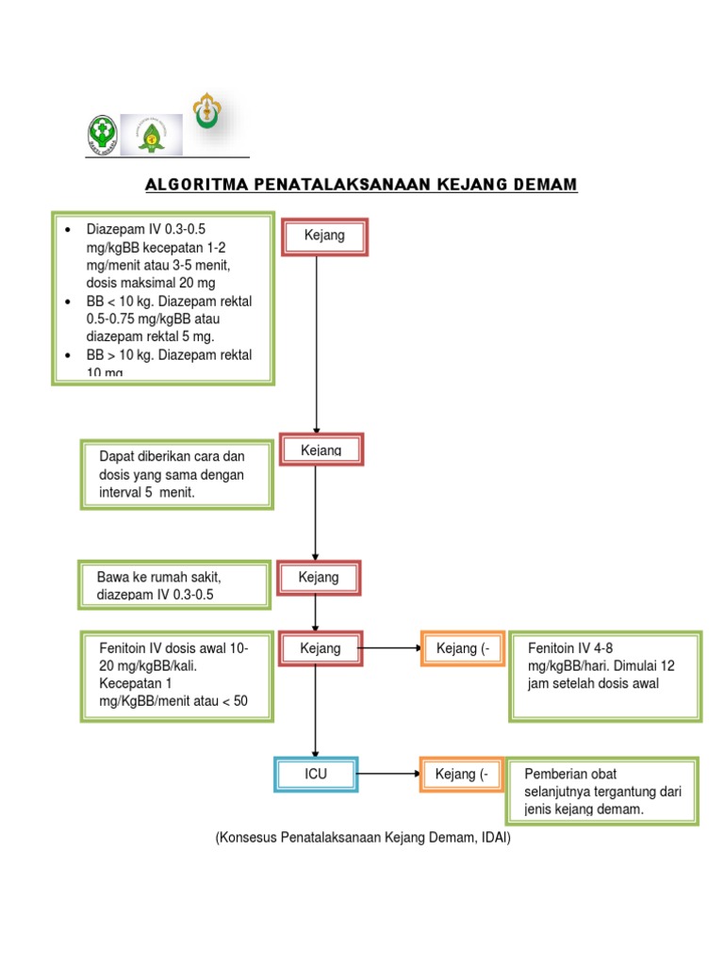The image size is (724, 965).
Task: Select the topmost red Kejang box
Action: coord(324,236)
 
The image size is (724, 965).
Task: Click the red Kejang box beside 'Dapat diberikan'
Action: coord(321,450)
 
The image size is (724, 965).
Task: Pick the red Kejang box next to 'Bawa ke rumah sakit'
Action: coord(319,577)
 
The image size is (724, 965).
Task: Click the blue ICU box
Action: coord(316,775)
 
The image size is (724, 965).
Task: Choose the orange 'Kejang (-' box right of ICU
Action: coord(462,775)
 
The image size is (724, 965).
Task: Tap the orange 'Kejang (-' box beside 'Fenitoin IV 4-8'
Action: coord(462,648)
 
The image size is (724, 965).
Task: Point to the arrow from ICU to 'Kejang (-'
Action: coord(388,775)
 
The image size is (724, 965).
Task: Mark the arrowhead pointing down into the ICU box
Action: coord(316,752)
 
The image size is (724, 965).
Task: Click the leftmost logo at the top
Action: coord(102,134)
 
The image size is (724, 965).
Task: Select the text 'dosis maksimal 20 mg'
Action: coord(151,283)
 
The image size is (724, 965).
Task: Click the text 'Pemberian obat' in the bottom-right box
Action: coord(569,774)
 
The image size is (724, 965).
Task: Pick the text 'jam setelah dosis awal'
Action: coord(593,683)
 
